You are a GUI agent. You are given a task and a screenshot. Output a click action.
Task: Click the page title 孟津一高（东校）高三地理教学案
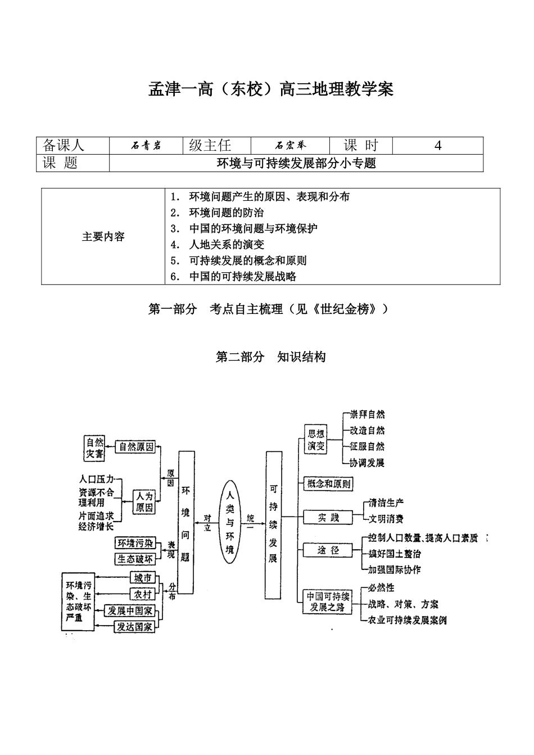[x=270, y=89]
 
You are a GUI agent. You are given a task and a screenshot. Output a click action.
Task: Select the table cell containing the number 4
[x=437, y=146]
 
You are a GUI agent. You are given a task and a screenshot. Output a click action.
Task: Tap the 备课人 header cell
[x=64, y=146]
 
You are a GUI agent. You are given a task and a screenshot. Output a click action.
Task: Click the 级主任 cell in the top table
[x=210, y=146]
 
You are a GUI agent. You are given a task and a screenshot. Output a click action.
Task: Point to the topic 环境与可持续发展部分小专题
[x=296, y=163]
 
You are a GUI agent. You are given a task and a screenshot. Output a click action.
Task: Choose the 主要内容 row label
[x=103, y=237]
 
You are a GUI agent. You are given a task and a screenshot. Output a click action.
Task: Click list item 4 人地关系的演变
[x=226, y=245]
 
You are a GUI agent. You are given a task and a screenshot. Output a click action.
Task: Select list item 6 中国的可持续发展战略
[x=242, y=276]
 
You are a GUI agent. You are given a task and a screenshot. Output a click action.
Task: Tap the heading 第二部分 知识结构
[x=270, y=357]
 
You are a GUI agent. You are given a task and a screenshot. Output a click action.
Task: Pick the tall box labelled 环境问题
[x=186, y=522]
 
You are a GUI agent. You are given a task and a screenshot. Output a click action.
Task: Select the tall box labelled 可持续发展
[x=273, y=523]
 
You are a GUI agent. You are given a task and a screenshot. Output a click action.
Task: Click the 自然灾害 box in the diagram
[x=94, y=447]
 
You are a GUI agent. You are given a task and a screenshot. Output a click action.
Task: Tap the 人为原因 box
[x=144, y=501]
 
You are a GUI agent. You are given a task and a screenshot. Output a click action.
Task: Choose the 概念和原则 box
[x=328, y=483]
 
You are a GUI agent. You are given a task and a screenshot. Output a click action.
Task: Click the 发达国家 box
[x=134, y=626]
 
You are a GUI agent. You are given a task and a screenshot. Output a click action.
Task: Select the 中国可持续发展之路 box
[x=328, y=601]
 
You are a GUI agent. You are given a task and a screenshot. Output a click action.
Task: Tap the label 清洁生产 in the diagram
[x=386, y=502]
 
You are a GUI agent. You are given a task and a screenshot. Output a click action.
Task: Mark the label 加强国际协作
[x=393, y=569]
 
